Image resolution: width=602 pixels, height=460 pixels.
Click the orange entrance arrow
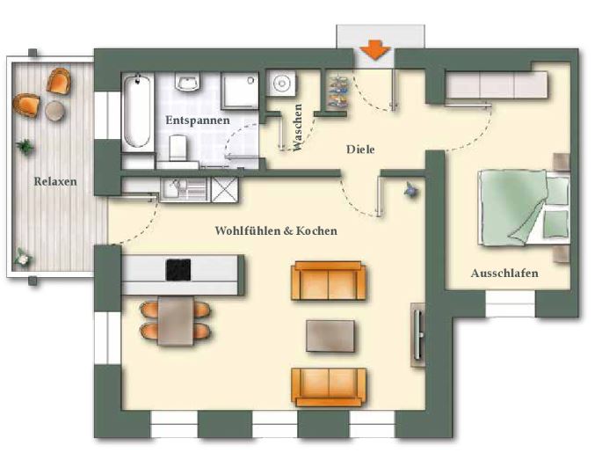coord(375,50)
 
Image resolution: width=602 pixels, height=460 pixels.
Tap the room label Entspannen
coord(198,120)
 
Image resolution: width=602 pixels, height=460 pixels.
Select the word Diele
coord(360,150)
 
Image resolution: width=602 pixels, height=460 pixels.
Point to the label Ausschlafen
coord(504,274)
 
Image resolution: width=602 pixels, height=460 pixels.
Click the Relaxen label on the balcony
coord(55,181)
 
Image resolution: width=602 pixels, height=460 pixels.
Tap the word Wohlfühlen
coord(248,230)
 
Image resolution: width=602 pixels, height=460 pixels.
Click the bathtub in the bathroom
coord(137,112)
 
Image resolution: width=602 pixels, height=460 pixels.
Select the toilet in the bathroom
coord(179,148)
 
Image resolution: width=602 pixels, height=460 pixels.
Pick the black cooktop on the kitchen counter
coord(178,270)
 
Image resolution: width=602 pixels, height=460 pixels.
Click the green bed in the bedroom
coord(524,208)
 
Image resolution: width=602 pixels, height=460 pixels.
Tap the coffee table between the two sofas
coord(330,336)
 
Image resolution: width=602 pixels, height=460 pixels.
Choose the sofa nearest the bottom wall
coord(329,387)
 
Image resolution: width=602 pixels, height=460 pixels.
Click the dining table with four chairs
coord(176,321)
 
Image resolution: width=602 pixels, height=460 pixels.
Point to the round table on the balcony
coord(54,111)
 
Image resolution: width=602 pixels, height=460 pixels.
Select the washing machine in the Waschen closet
coord(282,83)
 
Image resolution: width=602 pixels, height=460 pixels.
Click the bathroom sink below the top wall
coord(188,83)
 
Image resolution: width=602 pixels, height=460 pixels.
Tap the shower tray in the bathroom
coord(240,91)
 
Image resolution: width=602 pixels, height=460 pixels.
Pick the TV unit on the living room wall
coord(418,335)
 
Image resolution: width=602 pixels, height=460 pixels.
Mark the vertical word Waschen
coord(298,128)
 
